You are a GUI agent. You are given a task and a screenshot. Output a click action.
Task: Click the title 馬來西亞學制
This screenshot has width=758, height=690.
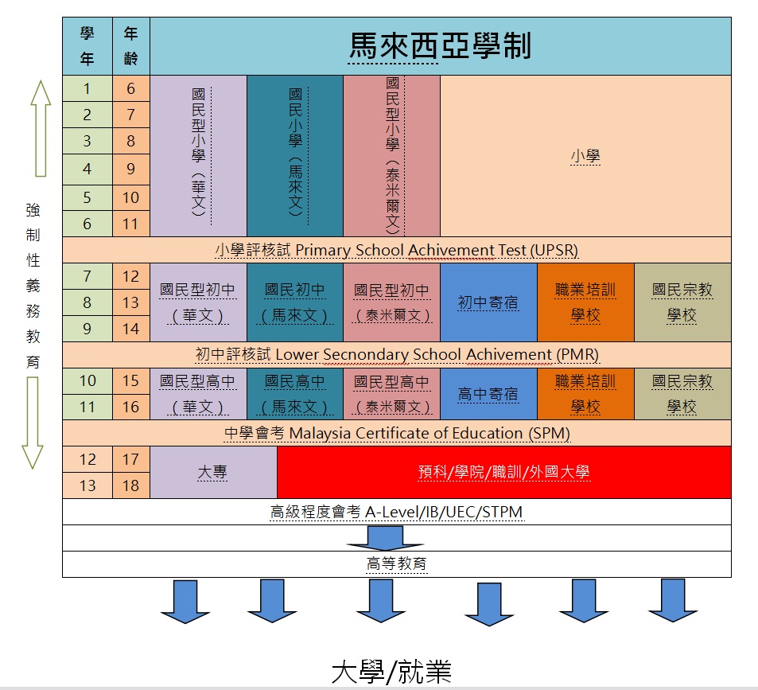click(x=440, y=46)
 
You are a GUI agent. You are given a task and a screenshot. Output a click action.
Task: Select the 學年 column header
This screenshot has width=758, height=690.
click(x=87, y=46)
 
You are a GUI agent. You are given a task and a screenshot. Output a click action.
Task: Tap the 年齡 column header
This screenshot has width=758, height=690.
click(x=130, y=46)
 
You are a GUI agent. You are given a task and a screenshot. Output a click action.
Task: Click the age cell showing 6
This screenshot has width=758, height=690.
click(x=130, y=89)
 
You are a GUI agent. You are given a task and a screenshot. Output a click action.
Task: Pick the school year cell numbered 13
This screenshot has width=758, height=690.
click(x=87, y=485)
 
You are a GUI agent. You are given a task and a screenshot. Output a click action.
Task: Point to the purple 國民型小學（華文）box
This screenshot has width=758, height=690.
click(x=198, y=156)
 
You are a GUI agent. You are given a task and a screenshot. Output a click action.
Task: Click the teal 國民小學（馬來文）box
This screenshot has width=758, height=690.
click(x=295, y=156)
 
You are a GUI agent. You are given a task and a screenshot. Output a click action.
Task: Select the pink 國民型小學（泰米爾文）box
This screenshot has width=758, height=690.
click(x=391, y=156)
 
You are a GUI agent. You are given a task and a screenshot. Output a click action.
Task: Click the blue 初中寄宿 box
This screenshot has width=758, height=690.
click(x=488, y=302)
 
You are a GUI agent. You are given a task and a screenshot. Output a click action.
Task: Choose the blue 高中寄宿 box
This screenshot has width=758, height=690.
click(x=488, y=394)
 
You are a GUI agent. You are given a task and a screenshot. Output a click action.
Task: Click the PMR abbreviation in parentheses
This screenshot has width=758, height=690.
click(x=577, y=354)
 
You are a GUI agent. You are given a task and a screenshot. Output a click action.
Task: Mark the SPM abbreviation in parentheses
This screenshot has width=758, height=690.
click(x=549, y=434)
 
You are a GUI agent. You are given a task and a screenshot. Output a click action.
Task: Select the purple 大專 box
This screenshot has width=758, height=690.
click(x=213, y=472)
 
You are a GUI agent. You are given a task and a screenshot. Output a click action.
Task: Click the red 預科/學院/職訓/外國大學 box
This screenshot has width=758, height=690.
click(x=503, y=472)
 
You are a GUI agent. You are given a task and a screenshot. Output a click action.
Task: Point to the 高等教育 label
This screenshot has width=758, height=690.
click(x=396, y=564)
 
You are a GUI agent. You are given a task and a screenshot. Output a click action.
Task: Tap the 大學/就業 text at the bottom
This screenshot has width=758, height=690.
click(x=391, y=671)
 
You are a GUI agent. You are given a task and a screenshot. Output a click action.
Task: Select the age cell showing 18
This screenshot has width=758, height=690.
click(x=130, y=485)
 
